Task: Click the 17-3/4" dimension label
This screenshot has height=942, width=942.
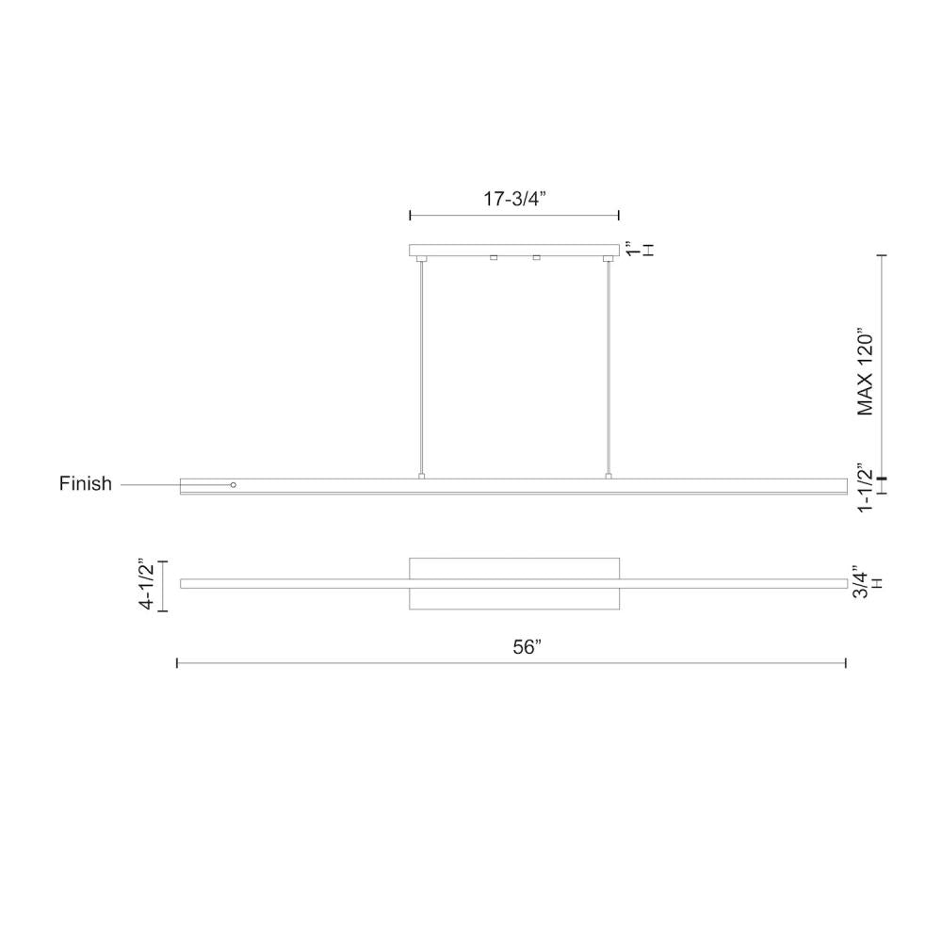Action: pyautogui.click(x=514, y=199)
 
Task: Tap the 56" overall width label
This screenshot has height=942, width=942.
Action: pyautogui.click(x=528, y=647)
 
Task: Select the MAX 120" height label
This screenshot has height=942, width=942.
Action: pyautogui.click(x=866, y=373)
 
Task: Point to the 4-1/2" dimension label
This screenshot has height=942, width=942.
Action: pyautogui.click(x=147, y=585)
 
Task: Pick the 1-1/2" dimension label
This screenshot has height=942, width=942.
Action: pyautogui.click(x=864, y=488)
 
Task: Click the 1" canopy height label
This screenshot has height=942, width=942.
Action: pyautogui.click(x=632, y=251)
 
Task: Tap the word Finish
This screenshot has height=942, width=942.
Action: pyautogui.click(x=86, y=484)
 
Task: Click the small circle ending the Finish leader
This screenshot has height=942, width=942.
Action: pyautogui.click(x=234, y=485)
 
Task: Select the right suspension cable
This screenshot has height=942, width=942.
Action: pyautogui.click(x=609, y=367)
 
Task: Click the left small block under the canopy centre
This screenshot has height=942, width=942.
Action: pyautogui.click(x=493, y=257)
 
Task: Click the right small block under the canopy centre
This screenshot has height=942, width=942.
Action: pyautogui.click(x=536, y=257)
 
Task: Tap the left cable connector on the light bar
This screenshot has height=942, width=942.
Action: pyautogui.click(x=422, y=477)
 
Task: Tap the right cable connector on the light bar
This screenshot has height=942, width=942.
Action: pyautogui.click(x=609, y=477)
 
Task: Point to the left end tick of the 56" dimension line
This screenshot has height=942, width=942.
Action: pyautogui.click(x=178, y=664)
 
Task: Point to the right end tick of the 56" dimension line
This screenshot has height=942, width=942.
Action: pyautogui.click(x=846, y=664)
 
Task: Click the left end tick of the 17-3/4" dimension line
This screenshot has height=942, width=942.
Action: pyautogui.click(x=410, y=216)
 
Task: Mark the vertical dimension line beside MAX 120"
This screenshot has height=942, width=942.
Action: pyautogui.click(x=882, y=367)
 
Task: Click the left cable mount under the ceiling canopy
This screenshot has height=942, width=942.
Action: pyautogui.click(x=422, y=258)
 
